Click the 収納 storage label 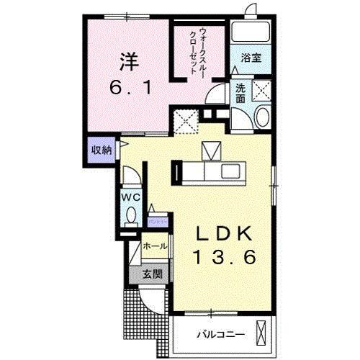101,150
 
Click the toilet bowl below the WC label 130,214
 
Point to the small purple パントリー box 158,221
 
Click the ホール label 154,246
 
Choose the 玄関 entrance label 151,274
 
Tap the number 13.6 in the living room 223,256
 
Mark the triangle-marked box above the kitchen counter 212,150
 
